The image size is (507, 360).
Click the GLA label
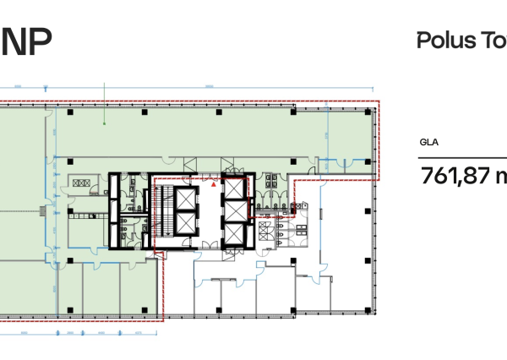coord(428,143)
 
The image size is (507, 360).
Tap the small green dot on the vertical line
coord(104,124)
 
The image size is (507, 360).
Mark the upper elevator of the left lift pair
coord(184,200)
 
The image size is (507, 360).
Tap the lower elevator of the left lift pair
coord(184,224)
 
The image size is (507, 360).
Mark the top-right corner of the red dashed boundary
coord(379,102)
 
